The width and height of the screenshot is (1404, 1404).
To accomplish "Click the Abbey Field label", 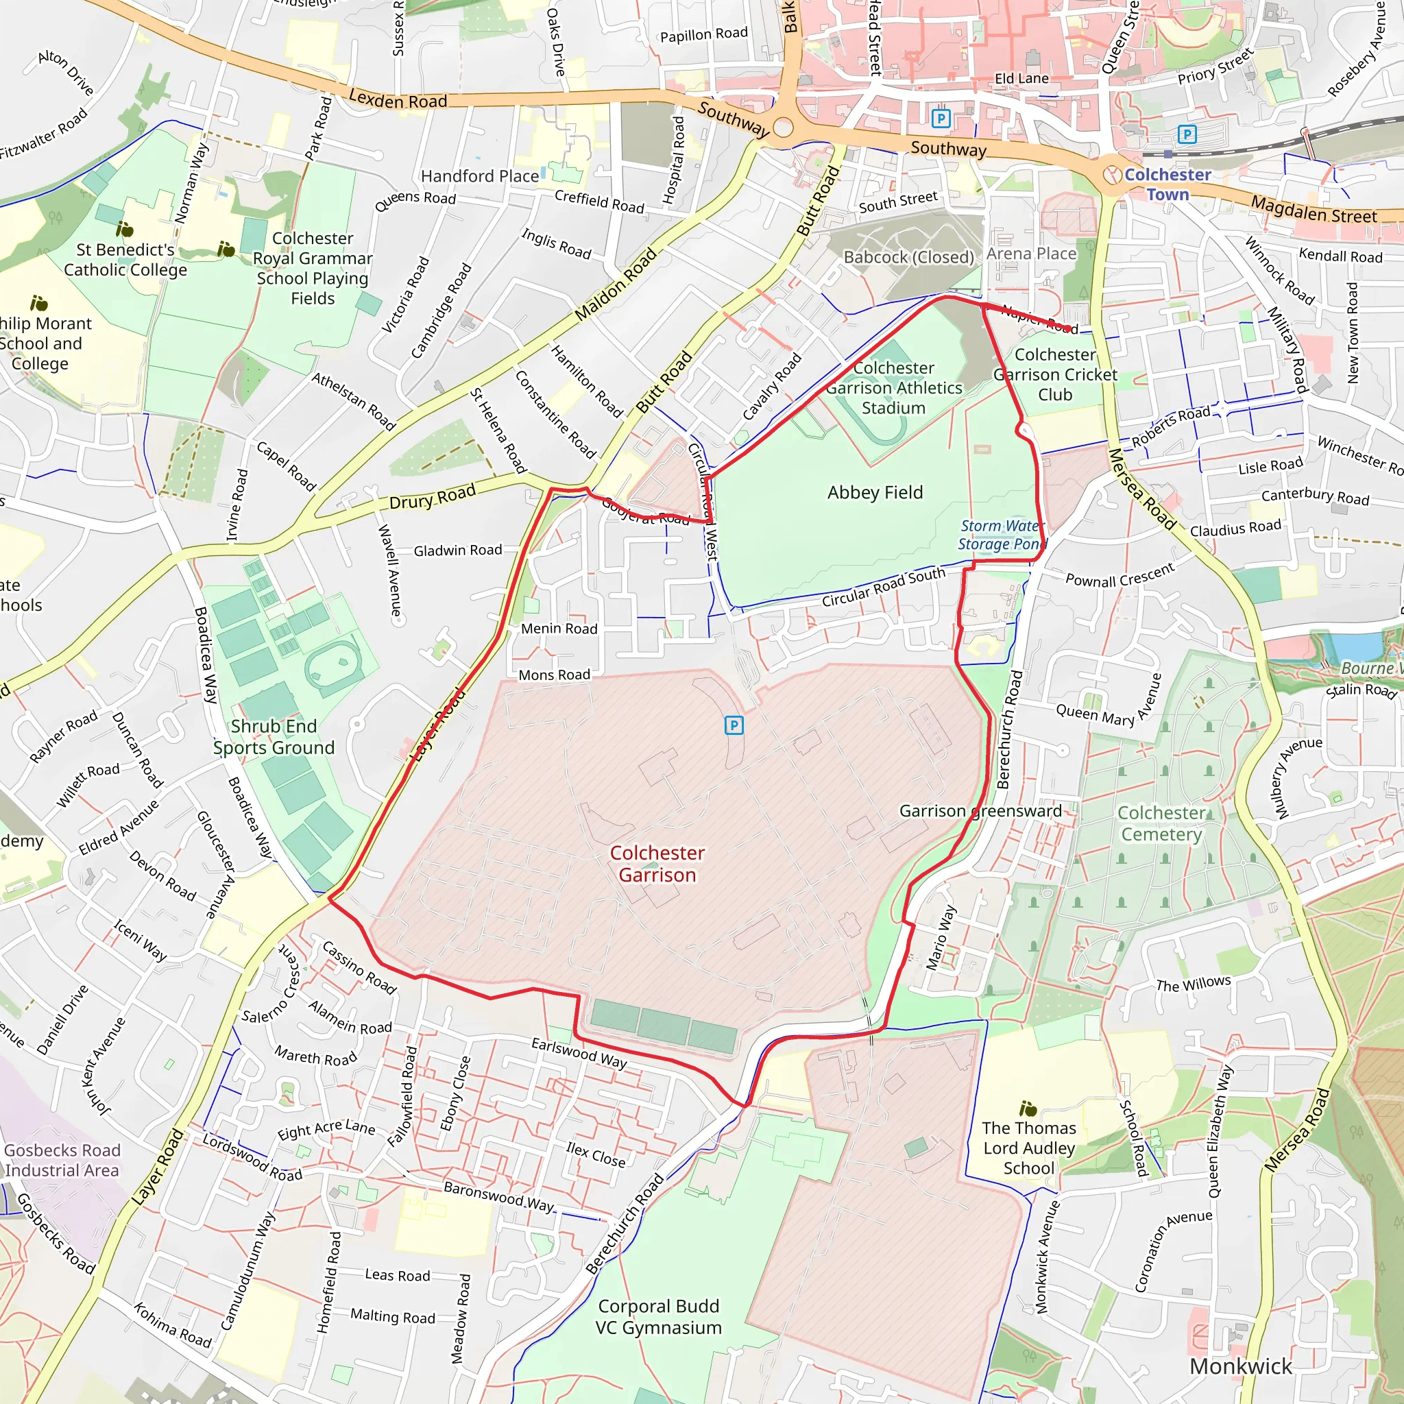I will [x=875, y=493].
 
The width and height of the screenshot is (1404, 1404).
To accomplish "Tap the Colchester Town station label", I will [x=1167, y=184].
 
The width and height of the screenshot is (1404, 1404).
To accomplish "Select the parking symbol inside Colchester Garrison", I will [x=734, y=725].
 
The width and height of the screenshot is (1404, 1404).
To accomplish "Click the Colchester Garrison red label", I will [x=657, y=863].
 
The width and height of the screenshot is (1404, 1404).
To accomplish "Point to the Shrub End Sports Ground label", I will [x=274, y=737].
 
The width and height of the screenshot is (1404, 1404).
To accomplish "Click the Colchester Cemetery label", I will [x=1161, y=823].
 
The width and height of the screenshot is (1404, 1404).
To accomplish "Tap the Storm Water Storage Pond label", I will [x=1002, y=535].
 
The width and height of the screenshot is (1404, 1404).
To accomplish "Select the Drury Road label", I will [x=433, y=498].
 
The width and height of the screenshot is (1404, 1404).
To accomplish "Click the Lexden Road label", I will [x=398, y=99].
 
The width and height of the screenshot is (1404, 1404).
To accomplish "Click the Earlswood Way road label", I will [x=579, y=1053].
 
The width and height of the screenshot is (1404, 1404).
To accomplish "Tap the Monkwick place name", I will [x=1240, y=1366].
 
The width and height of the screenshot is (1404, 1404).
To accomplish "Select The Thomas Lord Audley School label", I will [x=1028, y=1148].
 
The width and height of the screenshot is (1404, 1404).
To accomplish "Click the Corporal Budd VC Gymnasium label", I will [x=658, y=1317].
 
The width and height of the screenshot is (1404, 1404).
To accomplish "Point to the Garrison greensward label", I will [x=980, y=811].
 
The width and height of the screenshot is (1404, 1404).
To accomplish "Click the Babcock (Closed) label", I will [x=908, y=257].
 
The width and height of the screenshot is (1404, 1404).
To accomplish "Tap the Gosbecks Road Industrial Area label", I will [x=62, y=1161].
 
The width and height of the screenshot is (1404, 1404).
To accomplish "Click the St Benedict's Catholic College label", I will [x=125, y=259].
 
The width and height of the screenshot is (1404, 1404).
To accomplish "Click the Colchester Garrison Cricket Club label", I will [x=1055, y=374].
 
